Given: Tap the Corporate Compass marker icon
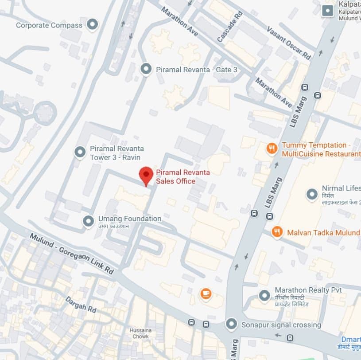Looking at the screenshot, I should pos(92,25).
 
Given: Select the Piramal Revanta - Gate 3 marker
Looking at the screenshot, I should pos(146,69).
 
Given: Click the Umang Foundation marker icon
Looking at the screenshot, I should pos(89,219).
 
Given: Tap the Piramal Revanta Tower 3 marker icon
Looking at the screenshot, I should pos(80,153).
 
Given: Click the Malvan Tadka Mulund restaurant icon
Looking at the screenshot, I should pos(277,232).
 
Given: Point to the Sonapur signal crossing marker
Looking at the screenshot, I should pos(231,324).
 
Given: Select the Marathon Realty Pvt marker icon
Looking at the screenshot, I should pos(264,295).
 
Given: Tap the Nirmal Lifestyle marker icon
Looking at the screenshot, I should pos(312,194).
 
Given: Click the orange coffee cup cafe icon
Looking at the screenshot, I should pos(206,293).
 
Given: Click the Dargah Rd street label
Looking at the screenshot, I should pos(81,304).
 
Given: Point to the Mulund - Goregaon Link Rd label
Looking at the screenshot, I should pos(71,253).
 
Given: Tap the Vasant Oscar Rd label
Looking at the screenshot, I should pos(288,43).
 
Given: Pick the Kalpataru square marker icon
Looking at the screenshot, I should pos(328,10).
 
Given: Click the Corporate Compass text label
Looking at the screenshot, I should pos(49,25).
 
